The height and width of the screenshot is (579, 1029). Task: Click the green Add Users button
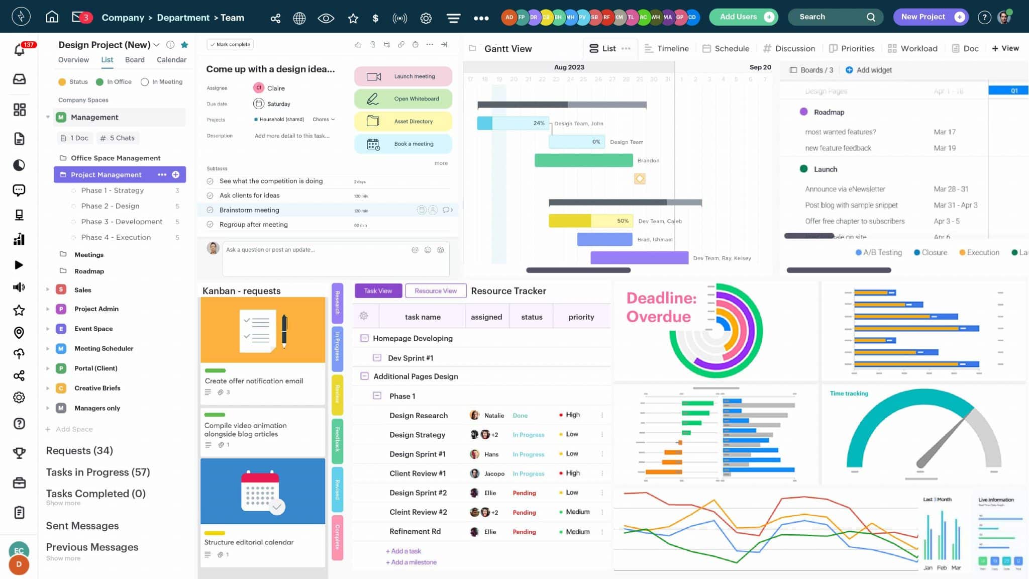click(743, 17)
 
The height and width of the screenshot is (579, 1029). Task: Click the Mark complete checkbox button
click(230, 44)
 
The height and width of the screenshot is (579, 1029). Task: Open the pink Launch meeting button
click(403, 76)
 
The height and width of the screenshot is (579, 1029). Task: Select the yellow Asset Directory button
click(403, 121)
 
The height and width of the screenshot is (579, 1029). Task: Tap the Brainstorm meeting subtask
click(249, 210)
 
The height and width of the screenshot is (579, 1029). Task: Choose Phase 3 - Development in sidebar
click(122, 222)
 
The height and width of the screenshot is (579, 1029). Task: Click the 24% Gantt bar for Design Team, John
click(512, 123)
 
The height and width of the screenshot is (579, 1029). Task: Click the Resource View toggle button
click(436, 291)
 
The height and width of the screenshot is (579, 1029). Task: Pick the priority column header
click(581, 317)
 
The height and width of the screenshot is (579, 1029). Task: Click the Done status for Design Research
click(520, 416)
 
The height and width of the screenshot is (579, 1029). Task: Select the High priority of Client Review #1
click(572, 473)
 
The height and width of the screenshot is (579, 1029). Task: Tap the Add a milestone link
click(411, 562)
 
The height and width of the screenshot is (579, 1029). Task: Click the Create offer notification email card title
click(254, 381)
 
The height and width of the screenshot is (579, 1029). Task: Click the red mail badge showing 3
click(85, 18)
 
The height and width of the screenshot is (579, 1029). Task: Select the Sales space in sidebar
click(83, 290)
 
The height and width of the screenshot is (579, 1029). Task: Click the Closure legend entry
click(931, 252)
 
